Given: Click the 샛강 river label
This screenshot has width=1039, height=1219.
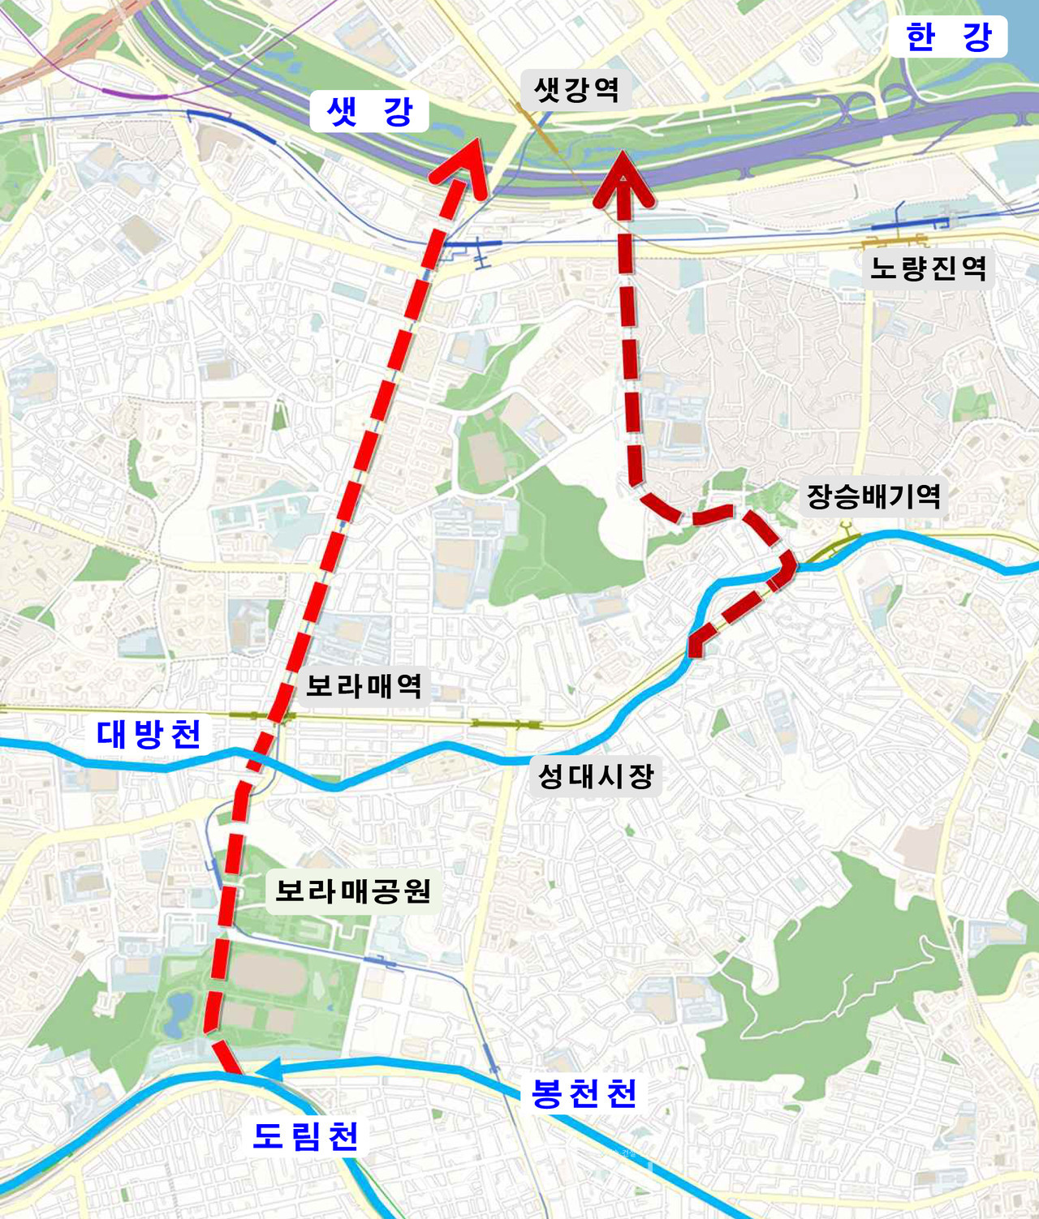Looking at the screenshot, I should (370, 112).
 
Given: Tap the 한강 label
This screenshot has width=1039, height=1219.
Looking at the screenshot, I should (948, 37).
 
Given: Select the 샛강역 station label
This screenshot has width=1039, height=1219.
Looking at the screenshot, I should (576, 88).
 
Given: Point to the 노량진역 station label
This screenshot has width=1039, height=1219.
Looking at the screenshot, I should (928, 267).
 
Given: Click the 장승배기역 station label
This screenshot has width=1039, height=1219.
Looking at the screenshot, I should (873, 496).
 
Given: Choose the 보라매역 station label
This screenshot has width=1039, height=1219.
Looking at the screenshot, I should (364, 686).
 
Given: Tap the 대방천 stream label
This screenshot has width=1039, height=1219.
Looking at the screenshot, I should (149, 734).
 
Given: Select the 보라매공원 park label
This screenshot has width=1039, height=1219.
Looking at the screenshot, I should (353, 891).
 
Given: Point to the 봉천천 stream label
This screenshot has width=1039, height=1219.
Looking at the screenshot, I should (584, 1093).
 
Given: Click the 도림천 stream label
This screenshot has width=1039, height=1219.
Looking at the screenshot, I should (305, 1135).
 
